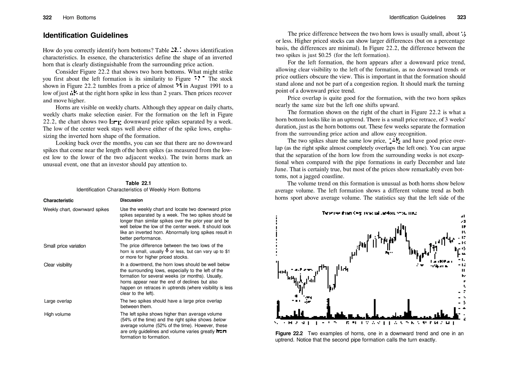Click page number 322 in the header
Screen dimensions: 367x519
(47, 18)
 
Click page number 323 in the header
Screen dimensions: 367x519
(461, 17)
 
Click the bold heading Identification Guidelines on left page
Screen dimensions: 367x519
(85, 35)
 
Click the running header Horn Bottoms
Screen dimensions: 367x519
(79, 18)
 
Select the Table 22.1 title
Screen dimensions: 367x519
(138, 183)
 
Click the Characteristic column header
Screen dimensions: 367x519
(58, 200)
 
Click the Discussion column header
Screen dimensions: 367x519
(131, 200)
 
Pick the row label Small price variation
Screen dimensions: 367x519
(65, 246)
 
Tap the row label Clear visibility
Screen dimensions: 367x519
(58, 265)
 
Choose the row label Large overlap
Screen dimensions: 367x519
(58, 301)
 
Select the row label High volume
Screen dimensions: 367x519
(57, 314)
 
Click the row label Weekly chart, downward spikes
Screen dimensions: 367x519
(76, 209)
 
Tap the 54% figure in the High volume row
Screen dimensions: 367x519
(126, 320)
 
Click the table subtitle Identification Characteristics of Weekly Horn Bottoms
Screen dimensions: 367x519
(138, 190)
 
